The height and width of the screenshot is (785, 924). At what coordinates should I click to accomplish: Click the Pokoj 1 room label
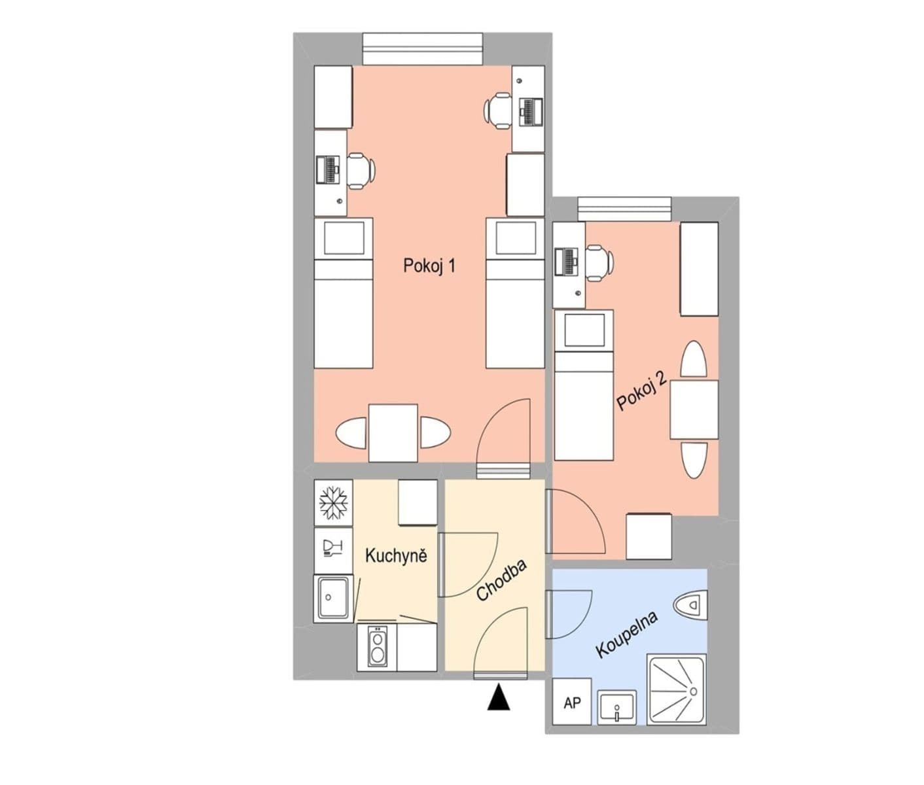pyautogui.click(x=429, y=266)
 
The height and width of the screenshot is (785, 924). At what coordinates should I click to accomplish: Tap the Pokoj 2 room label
pyautogui.click(x=641, y=391)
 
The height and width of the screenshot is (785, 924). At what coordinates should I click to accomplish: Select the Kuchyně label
pyautogui.click(x=396, y=556)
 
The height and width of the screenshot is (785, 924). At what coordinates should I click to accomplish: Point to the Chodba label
pyautogui.click(x=501, y=580)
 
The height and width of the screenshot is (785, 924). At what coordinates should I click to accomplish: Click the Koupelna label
pyautogui.click(x=626, y=634)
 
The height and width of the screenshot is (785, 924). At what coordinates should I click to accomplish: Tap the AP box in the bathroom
pyautogui.click(x=572, y=703)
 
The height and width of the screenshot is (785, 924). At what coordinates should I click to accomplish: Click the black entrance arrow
pyautogui.click(x=499, y=697)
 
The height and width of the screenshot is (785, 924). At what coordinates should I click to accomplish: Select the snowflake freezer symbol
pyautogui.click(x=334, y=503)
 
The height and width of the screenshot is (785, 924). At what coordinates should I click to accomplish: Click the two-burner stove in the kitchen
pyautogui.click(x=378, y=647)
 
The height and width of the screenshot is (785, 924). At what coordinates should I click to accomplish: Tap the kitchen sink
pyautogui.click(x=333, y=598)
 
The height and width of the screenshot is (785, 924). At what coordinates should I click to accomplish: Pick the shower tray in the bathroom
pyautogui.click(x=677, y=689)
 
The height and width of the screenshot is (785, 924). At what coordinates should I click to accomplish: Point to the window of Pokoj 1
pyautogui.click(x=423, y=50)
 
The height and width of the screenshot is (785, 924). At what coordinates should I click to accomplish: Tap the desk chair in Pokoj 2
pyautogui.click(x=599, y=263)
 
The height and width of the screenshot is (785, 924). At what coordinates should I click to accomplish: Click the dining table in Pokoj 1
pyautogui.click(x=393, y=433)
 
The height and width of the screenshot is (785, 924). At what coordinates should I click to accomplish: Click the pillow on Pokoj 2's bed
pyautogui.click(x=584, y=330)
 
